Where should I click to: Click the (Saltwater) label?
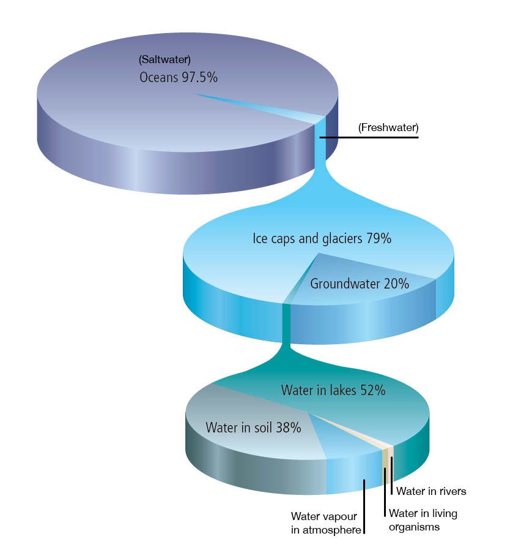(x=164, y=59)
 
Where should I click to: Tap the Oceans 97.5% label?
(x=179, y=77)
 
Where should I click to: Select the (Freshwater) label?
(x=388, y=127)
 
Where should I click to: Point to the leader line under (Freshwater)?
(x=369, y=137)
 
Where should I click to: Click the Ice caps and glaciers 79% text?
(x=322, y=239)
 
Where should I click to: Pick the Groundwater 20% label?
(x=360, y=284)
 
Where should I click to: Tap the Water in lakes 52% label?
(x=333, y=390)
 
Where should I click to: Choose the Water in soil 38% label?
(x=253, y=428)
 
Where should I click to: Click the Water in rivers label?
(x=431, y=491)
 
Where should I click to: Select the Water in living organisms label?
(x=423, y=520)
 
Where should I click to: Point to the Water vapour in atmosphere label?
(x=326, y=523)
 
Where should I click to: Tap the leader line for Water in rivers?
(x=392, y=476)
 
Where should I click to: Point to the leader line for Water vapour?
(x=364, y=507)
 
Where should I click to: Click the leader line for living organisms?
(x=385, y=492)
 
